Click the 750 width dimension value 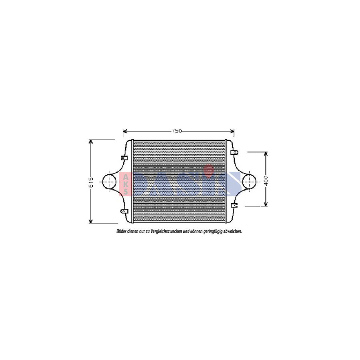pyautogui.click(x=177, y=131)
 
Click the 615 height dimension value pyautogui.click(x=91, y=182)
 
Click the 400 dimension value pyautogui.click(x=266, y=181)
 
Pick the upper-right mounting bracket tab pyautogui.click(x=236, y=152)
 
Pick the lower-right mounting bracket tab pyautogui.click(x=235, y=206)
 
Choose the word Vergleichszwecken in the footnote pyautogui.click(x=166, y=232)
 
